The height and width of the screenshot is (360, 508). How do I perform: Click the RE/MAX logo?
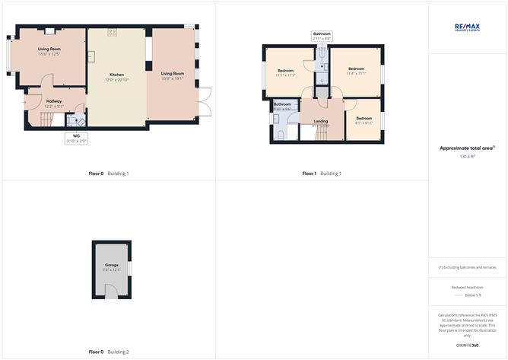click(x=468, y=27)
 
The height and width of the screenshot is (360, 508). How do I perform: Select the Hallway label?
click(x=54, y=101)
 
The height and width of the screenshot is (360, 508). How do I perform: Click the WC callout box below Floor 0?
click(x=76, y=139)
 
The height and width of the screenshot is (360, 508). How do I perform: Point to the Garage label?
click(x=112, y=264)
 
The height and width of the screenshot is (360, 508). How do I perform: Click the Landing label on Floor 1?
click(x=320, y=122)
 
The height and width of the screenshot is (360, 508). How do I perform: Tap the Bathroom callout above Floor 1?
click(x=322, y=36)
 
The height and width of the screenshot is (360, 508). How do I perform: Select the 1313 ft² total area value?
click(x=467, y=156)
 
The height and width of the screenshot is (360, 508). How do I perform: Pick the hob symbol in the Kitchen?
click(x=112, y=32)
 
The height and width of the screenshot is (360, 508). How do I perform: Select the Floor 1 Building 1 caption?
click(x=322, y=174)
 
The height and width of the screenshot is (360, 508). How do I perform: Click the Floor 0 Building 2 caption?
click(x=109, y=352)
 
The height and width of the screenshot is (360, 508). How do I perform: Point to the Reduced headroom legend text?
click(x=467, y=287)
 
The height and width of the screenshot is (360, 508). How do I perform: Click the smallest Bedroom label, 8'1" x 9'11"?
click(x=364, y=119)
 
